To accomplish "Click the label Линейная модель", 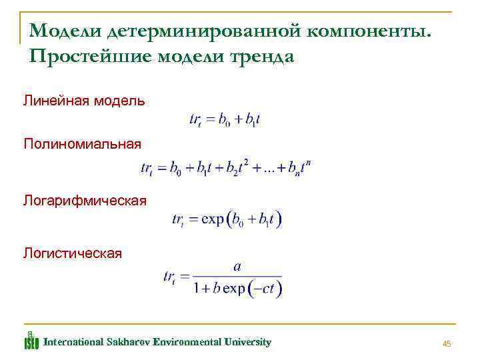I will (83, 101).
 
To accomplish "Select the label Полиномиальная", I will (83, 143).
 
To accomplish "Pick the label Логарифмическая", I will (85, 199).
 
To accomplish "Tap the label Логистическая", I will (73, 253).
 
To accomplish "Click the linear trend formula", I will (224, 120).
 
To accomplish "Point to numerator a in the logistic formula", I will (237, 266).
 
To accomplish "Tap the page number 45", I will (447, 343).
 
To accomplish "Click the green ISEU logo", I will (31, 341).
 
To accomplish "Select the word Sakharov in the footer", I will (127, 342).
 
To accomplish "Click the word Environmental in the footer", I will (185, 342).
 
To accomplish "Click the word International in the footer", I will (73, 342).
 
